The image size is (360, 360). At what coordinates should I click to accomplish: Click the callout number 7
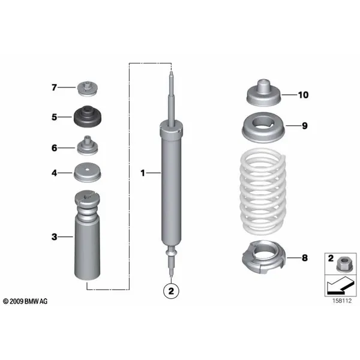click(53, 88)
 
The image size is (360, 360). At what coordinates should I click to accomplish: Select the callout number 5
click(53, 118)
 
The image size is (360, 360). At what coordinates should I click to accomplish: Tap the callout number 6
click(53, 148)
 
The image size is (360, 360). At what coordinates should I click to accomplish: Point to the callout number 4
click(53, 173)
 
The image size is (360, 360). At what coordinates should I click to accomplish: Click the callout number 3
click(53, 237)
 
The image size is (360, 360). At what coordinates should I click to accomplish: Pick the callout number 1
click(143, 173)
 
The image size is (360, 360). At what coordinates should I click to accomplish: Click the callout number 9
click(304, 126)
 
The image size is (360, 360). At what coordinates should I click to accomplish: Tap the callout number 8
click(304, 258)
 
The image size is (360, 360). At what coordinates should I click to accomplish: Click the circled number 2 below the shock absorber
click(171, 292)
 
